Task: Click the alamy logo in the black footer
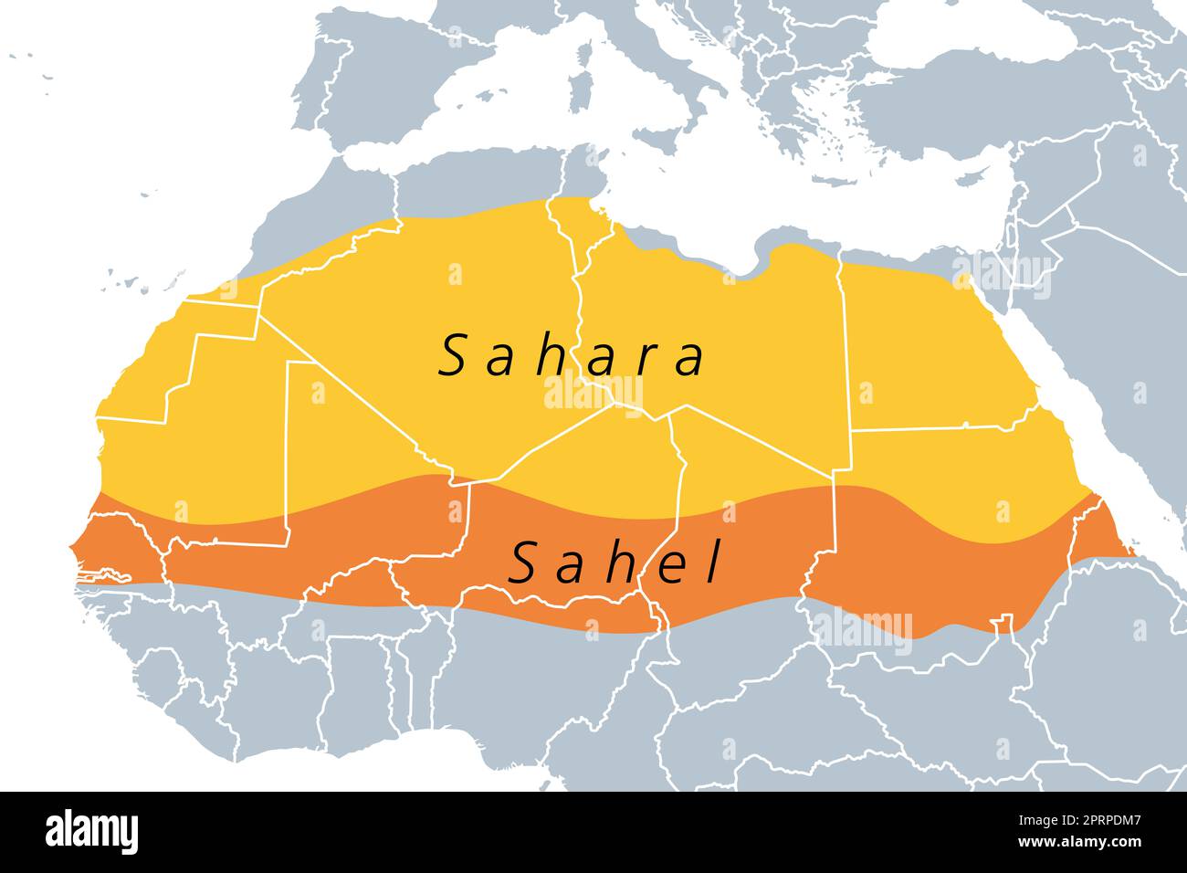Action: click(92, 832)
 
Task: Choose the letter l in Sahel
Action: click(712, 563)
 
